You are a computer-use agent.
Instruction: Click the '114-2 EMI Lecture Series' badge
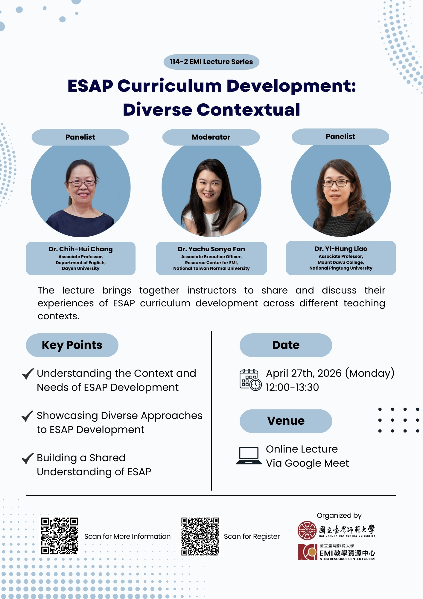tap(211, 62)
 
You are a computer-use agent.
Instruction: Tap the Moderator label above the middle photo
tap(211, 137)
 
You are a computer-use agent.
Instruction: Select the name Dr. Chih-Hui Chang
tap(81, 249)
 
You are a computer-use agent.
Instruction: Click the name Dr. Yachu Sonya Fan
tap(211, 249)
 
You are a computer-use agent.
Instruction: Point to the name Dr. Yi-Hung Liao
tap(341, 249)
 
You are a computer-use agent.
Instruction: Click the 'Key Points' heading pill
tap(72, 345)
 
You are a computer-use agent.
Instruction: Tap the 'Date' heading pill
tap(286, 345)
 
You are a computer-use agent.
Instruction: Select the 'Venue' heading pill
tap(286, 421)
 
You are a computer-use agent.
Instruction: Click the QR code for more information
tap(60, 536)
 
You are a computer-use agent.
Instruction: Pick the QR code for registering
tap(200, 536)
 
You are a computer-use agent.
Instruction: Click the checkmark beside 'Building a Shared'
tap(28, 458)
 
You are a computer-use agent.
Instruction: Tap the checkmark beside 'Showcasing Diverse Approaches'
tap(28, 416)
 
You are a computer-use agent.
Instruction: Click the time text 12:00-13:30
tap(292, 388)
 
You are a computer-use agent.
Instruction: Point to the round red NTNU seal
tap(307, 530)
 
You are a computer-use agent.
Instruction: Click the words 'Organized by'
tap(339, 515)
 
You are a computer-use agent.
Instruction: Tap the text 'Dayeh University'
tap(81, 268)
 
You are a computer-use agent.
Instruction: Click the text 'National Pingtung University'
tap(341, 268)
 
